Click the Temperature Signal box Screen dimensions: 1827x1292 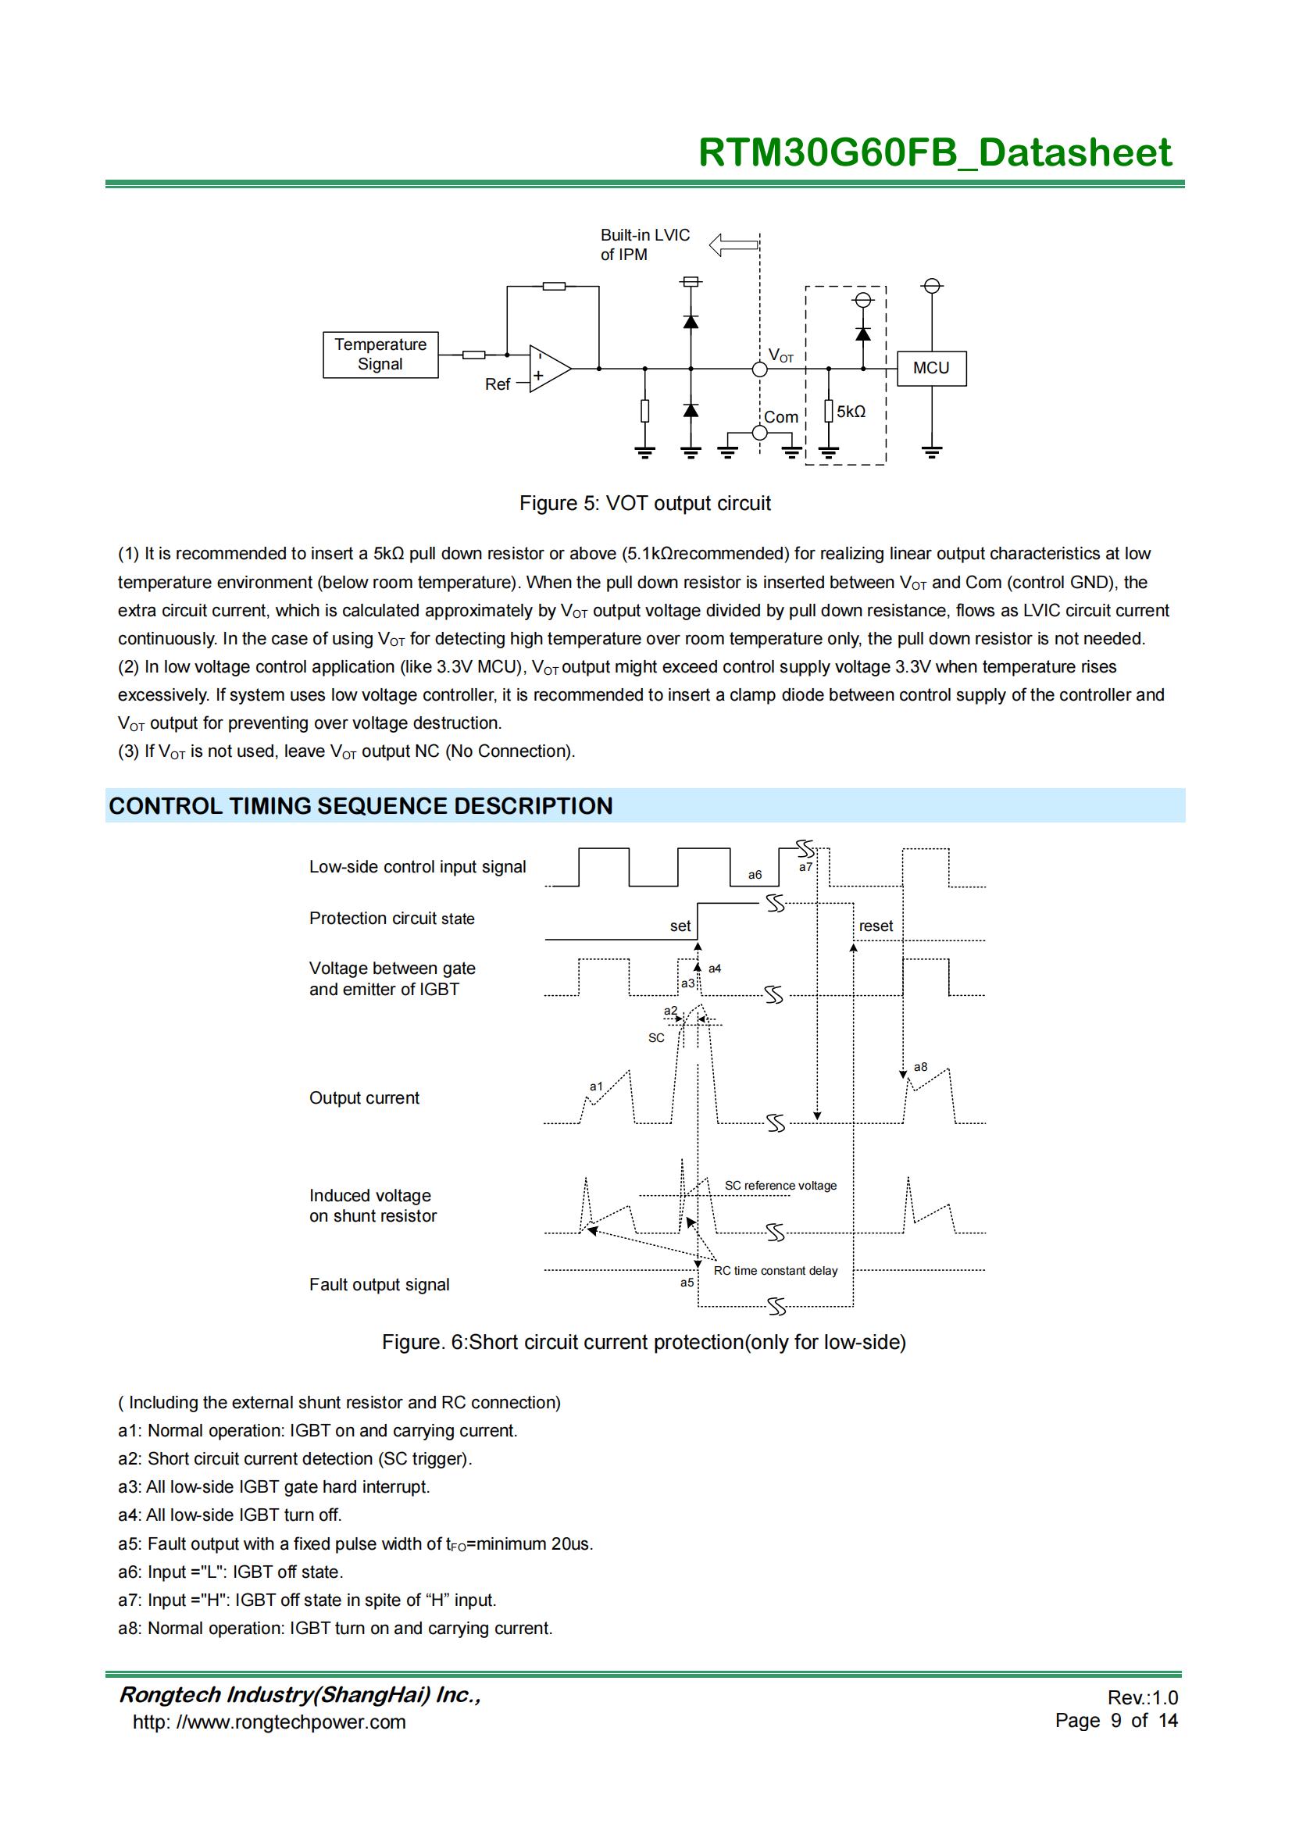tap(380, 355)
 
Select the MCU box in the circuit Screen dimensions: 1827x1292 tap(931, 369)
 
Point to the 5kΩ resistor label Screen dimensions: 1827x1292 tap(851, 412)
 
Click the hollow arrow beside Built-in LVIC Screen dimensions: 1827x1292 tap(733, 244)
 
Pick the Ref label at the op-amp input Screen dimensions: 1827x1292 tap(498, 384)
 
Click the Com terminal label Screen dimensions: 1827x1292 tap(780, 417)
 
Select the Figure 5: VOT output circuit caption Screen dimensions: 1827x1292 tap(644, 504)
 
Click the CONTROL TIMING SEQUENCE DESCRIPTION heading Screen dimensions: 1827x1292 tap(360, 806)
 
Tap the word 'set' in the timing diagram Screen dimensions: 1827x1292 tap(680, 926)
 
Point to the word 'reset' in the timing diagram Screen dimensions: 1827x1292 tap(876, 926)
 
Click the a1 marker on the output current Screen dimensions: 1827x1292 tap(596, 1087)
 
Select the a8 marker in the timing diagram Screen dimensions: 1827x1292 tap(920, 1067)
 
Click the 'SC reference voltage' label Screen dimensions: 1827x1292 tap(780, 1186)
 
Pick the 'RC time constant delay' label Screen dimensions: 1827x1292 tap(776, 1271)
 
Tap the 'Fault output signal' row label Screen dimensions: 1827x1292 tap(380, 1284)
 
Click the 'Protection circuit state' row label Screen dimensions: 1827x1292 tap(391, 919)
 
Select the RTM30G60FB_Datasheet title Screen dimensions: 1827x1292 tap(935, 153)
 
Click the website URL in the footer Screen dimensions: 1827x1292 tap(269, 1722)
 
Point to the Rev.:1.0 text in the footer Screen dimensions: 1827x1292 tap(1143, 1697)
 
